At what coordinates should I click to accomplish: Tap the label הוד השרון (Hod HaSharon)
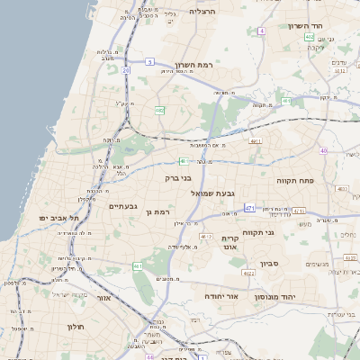[x=306, y=26]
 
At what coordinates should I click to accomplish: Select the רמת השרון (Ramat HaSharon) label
[x=196, y=65]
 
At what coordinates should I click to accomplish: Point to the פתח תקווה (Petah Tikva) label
[x=295, y=180]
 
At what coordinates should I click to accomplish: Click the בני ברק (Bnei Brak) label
[x=179, y=178]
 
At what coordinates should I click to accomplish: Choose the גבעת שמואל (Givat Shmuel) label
[x=213, y=193]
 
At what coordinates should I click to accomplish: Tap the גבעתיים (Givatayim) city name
[x=122, y=206]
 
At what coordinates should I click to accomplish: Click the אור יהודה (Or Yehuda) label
[x=220, y=295]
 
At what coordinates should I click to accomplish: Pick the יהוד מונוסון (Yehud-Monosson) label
[x=277, y=296]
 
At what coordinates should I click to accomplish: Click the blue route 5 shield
[x=150, y=61]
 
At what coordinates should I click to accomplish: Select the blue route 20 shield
[x=127, y=69]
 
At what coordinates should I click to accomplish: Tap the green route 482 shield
[x=159, y=110]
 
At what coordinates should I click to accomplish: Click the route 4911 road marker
[x=256, y=141]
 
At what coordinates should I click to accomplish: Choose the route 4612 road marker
[x=206, y=236]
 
